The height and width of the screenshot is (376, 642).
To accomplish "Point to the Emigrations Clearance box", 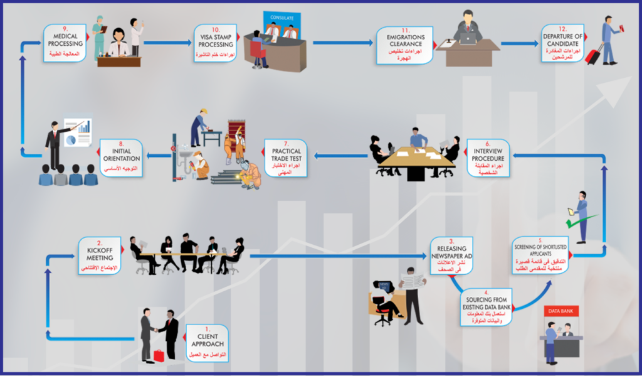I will [x=405, y=45].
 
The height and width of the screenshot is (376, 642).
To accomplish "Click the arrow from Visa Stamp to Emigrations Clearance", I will [x=342, y=43].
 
